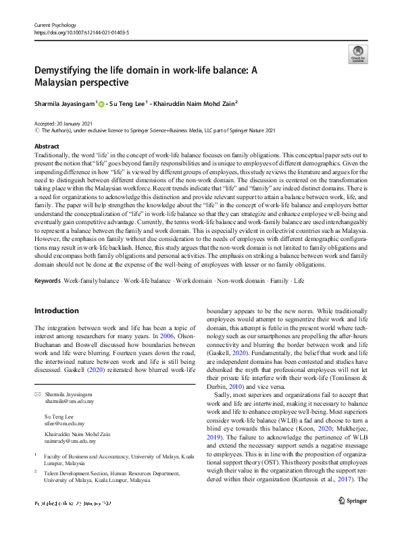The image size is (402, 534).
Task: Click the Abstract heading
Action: coord(47,146)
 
